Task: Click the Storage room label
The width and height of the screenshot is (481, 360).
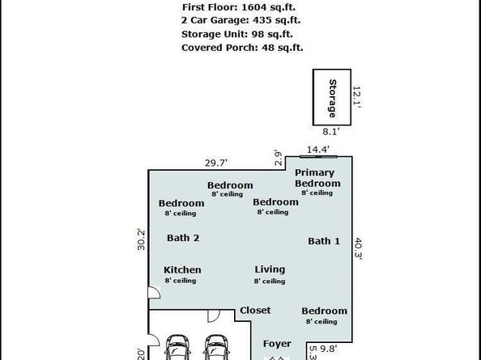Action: tap(333, 99)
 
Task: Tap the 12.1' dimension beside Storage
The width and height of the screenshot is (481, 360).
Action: tap(356, 97)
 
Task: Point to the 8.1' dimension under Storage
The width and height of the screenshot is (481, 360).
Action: tap(331, 132)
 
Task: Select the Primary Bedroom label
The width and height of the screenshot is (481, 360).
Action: tap(317, 178)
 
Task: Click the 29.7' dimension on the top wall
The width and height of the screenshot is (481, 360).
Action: tap(216, 163)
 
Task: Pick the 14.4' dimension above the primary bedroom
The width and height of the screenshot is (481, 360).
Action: tap(318, 150)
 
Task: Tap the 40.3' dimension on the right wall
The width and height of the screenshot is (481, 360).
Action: tap(358, 248)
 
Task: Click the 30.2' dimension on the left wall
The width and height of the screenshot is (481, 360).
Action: tap(141, 239)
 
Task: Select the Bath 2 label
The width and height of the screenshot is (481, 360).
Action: tap(183, 238)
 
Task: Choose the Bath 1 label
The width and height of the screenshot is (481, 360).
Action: tap(324, 241)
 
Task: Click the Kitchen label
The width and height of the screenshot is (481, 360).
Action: tap(182, 270)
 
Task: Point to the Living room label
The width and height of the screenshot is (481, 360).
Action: tap(270, 269)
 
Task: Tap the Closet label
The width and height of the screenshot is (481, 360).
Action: tap(255, 311)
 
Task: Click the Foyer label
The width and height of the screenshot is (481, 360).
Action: tap(277, 344)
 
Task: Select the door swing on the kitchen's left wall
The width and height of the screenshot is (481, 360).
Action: tap(154, 292)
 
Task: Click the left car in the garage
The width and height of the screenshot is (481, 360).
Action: tap(177, 347)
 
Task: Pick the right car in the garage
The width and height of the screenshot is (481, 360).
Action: tap(216, 347)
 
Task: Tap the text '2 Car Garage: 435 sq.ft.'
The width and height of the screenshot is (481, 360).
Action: tap(240, 20)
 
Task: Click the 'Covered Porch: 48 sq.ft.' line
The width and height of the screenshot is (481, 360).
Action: tap(242, 48)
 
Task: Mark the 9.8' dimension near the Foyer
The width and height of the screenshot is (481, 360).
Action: tap(329, 349)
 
